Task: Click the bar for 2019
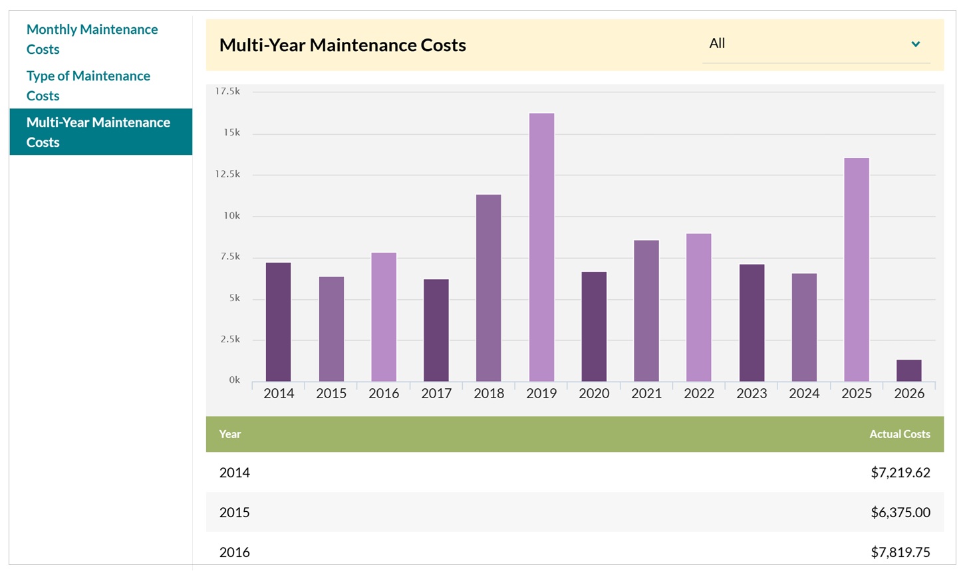click(x=541, y=247)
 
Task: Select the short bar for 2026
click(x=908, y=370)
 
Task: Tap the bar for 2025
click(x=856, y=269)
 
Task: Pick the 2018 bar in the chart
click(x=489, y=288)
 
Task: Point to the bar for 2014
click(x=278, y=322)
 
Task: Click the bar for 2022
click(x=698, y=307)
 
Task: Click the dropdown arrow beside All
click(x=915, y=44)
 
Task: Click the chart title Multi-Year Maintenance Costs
click(x=343, y=45)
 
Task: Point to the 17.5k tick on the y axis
click(x=227, y=91)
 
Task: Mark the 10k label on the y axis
click(x=231, y=215)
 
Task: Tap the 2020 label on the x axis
click(x=594, y=394)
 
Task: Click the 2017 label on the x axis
click(x=436, y=394)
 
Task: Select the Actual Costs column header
click(x=899, y=434)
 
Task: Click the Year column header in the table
click(x=230, y=434)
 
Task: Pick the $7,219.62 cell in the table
click(x=900, y=473)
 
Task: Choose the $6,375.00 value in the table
click(x=900, y=513)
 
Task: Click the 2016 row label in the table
click(x=235, y=552)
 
